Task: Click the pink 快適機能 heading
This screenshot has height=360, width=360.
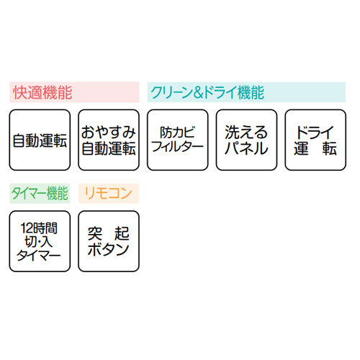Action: coord(42,92)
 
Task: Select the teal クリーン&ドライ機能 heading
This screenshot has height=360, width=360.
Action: coord(207,92)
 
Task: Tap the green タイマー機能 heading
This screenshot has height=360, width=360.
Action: coord(40,193)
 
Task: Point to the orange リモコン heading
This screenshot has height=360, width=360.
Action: coord(108,193)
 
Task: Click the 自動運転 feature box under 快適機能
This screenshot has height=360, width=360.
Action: coord(40,140)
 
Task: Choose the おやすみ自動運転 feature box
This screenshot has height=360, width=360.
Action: coord(109,140)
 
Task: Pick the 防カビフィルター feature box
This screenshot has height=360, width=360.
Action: coord(178,140)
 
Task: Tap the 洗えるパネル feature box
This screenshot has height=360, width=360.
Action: coord(246,140)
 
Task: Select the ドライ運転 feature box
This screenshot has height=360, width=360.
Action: coord(315,140)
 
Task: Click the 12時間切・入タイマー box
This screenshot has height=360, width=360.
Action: coord(40,241)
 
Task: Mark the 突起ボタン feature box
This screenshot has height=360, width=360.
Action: coord(109,241)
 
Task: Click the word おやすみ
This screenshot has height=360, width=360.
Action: coord(109,132)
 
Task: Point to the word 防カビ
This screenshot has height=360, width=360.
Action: coord(178,132)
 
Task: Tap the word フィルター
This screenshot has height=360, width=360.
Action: coord(178,147)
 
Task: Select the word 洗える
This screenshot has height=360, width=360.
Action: coord(246,132)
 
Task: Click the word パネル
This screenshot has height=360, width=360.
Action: coord(246,148)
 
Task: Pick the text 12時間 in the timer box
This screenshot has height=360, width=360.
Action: coord(39,228)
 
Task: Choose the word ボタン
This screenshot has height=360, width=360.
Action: coord(109,249)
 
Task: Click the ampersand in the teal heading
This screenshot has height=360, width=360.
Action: coord(199,93)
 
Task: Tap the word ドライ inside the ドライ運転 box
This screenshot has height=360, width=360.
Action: coord(315,132)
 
